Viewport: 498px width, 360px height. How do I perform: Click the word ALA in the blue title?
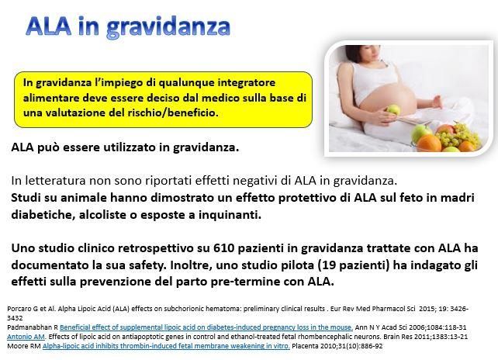pyautogui.click(x=48, y=26)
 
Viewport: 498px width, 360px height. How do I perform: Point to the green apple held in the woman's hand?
pyautogui.click(x=393, y=110)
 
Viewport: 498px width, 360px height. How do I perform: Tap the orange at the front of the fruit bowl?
pyautogui.click(x=428, y=144)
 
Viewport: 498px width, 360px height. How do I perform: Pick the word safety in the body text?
pyautogui.click(x=147, y=265)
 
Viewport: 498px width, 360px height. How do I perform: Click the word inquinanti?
pyautogui.click(x=230, y=215)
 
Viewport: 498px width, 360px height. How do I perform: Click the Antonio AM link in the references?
pyautogui.click(x=26, y=337)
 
